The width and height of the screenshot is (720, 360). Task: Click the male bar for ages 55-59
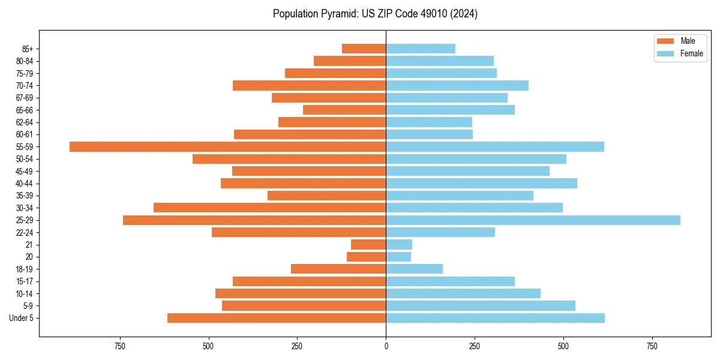pyautogui.click(x=228, y=146)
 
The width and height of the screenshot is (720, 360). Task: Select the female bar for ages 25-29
pyautogui.click(x=533, y=220)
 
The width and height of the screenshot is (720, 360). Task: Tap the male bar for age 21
pyautogui.click(x=368, y=245)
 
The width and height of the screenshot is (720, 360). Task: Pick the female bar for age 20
pyautogui.click(x=398, y=257)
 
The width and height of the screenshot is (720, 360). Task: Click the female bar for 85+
pyautogui.click(x=421, y=49)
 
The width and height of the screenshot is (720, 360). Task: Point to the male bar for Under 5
pyautogui.click(x=277, y=318)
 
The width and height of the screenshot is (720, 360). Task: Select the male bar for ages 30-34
pyautogui.click(x=270, y=208)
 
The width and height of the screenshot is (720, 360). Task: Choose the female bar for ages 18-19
pyautogui.click(x=415, y=269)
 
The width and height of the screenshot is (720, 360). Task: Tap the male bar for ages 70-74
pyautogui.click(x=310, y=85)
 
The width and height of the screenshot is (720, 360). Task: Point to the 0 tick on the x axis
pyautogui.click(x=386, y=347)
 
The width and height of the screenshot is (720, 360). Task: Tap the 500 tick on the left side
pyautogui.click(x=209, y=347)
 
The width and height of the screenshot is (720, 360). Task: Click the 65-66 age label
pyautogui.click(x=25, y=110)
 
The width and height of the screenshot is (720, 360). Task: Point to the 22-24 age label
pyautogui.click(x=25, y=233)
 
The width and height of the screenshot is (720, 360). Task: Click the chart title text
pyautogui.click(x=375, y=14)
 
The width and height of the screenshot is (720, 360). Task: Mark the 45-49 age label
pyautogui.click(x=25, y=172)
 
